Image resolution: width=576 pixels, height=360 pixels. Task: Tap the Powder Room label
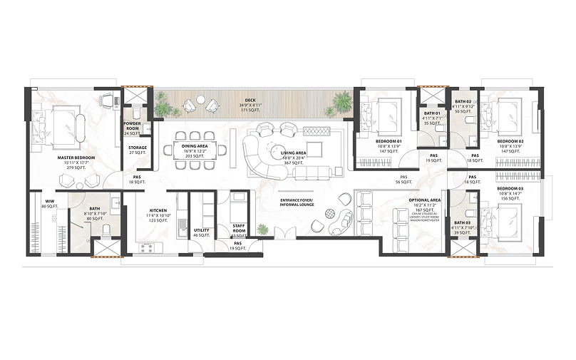coord(133,125)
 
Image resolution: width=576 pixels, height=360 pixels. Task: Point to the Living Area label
coord(293,153)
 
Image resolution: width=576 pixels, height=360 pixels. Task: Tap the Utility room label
coord(201,230)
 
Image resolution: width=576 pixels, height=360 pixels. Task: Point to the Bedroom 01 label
coord(389,141)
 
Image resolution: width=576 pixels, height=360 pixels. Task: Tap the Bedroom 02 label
coord(510,141)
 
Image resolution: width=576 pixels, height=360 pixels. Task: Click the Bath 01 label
coord(432,113)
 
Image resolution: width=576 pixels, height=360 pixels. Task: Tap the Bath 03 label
coord(462,223)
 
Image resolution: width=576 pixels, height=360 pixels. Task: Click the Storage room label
coord(138,148)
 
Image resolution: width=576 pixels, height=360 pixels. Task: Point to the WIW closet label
coord(50,202)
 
